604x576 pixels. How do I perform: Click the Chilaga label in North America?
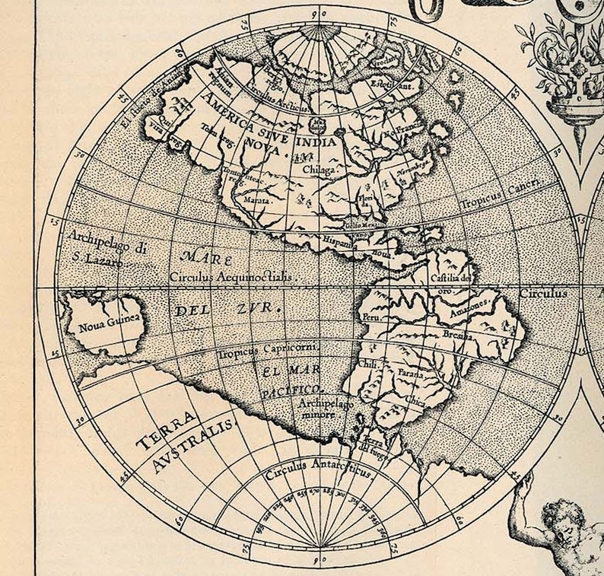[x=319, y=170]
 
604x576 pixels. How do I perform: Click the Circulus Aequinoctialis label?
[x=232, y=278]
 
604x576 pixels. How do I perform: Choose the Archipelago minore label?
[x=326, y=409]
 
